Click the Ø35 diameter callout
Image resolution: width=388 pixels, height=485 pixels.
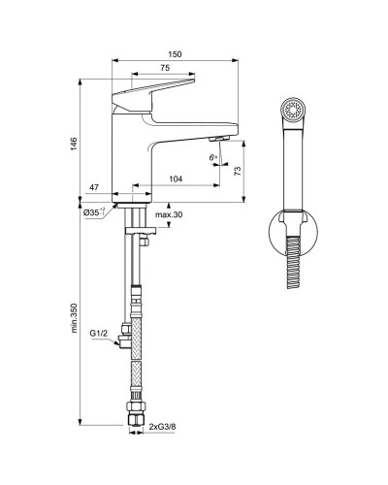pyautogui.click(x=95, y=212)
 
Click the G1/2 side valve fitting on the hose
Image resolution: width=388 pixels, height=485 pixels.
pyautogui.click(x=123, y=340)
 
